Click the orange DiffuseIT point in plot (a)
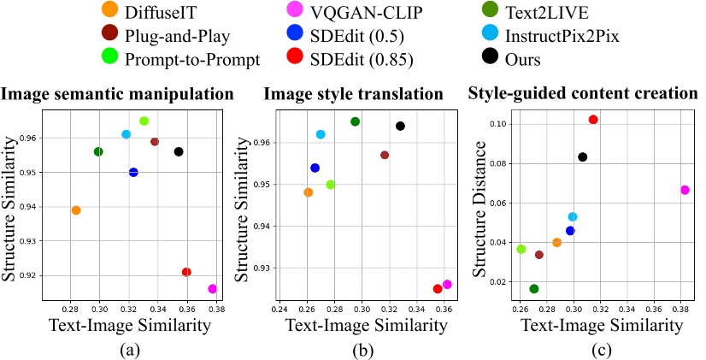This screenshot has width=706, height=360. [76, 210]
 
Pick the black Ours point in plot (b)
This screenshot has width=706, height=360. [400, 126]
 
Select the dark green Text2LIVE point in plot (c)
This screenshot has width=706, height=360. [534, 289]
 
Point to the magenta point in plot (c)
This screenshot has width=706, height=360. [685, 190]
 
